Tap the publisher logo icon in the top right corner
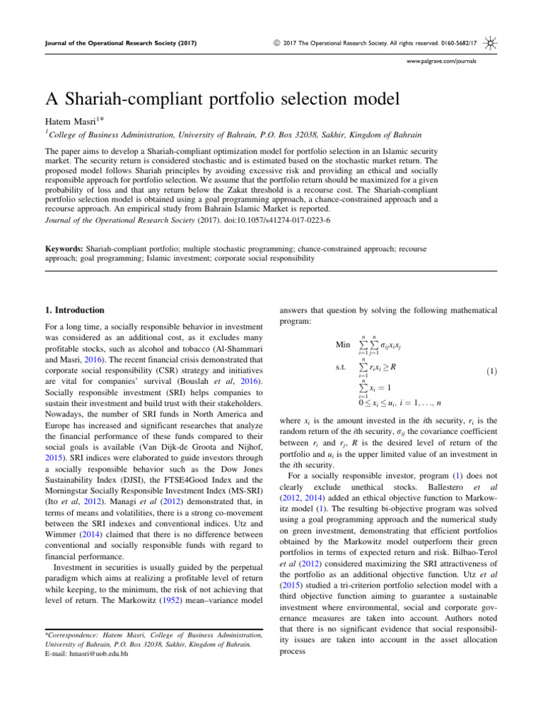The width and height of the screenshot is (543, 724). [490, 45]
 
